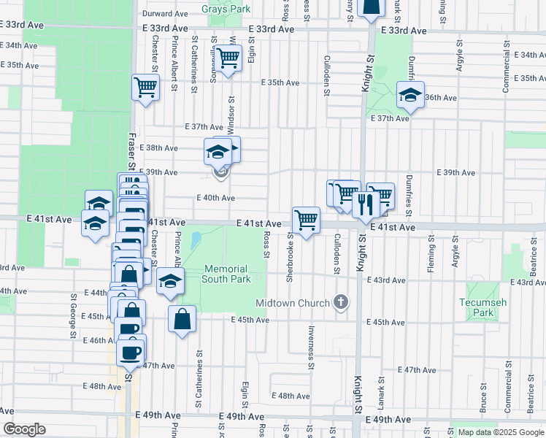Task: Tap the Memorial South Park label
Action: pos(227,274)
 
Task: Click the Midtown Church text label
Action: pos(291,302)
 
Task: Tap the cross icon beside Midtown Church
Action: pos(340,302)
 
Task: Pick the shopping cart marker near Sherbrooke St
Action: pos(306,218)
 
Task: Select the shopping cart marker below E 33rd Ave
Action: pos(228,58)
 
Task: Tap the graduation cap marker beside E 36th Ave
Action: pos(410,95)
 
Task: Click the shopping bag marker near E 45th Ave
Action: pos(182,318)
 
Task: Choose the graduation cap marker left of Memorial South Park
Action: pos(170,282)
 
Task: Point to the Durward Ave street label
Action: pos(166,14)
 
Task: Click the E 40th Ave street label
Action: pos(216,198)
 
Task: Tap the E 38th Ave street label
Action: pos(158,148)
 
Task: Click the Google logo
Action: pos(24,430)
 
